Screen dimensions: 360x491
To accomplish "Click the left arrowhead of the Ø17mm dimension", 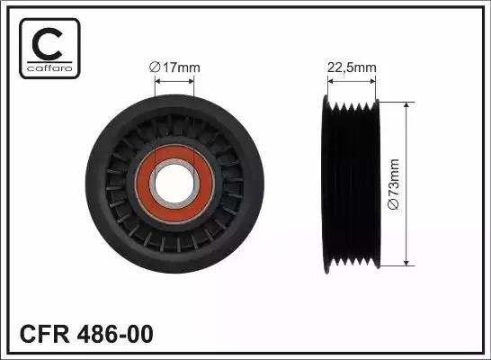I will click(159, 79).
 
